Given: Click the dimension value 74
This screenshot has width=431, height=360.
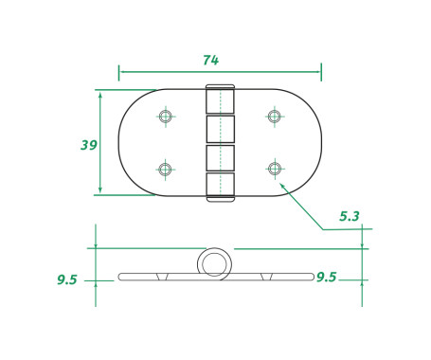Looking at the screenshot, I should [x=210, y=60].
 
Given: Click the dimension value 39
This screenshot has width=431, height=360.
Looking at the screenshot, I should [x=88, y=145].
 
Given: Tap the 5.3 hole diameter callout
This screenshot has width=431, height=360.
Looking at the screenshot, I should [x=349, y=216].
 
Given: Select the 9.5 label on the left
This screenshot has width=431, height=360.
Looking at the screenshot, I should [x=66, y=279].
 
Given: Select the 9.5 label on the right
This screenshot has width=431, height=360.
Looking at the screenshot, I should [x=327, y=277].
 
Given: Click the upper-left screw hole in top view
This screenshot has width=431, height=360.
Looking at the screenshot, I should [x=166, y=117].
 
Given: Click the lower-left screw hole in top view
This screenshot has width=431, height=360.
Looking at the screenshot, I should [x=166, y=170].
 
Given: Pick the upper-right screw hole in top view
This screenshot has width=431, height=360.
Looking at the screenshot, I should [x=274, y=117].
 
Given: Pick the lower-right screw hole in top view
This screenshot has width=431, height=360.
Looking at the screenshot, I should [x=274, y=170].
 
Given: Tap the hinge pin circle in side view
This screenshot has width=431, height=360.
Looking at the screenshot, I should [x=215, y=262].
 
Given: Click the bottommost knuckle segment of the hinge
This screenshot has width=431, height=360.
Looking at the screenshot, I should [x=220, y=186].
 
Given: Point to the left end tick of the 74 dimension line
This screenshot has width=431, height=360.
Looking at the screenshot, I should [x=119, y=72].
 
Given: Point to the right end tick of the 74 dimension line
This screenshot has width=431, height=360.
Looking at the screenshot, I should [x=321, y=72].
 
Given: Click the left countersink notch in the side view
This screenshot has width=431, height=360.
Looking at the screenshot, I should [x=163, y=277].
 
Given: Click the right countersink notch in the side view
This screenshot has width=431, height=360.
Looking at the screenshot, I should [x=269, y=277].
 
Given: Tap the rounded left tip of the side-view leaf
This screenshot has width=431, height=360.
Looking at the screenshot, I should [x=120, y=277].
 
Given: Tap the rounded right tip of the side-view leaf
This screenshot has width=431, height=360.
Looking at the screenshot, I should [x=312, y=277].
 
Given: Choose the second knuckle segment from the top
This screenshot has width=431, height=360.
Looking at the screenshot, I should [x=220, y=129].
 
